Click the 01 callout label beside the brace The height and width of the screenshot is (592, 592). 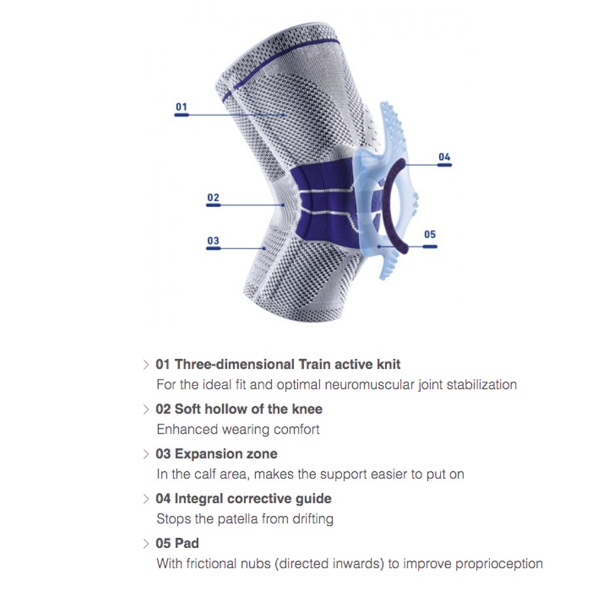coord(182,107)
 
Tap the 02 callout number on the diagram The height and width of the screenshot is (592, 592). coord(213,198)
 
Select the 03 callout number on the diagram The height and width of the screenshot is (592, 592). coord(213,240)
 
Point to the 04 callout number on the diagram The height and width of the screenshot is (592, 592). coord(445,157)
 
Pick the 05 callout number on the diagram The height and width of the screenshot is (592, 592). coord(430,234)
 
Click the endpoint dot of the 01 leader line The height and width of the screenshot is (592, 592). coord(283,114)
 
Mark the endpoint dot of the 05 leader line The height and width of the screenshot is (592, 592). coord(379,246)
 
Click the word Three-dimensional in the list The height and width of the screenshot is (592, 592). coord(234,364)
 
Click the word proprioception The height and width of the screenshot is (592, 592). coord(499,564)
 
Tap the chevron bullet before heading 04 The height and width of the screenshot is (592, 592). coord(146,499)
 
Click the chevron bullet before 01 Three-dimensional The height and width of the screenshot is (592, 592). coord(146,365)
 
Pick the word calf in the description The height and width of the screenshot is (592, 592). coord(202,474)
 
